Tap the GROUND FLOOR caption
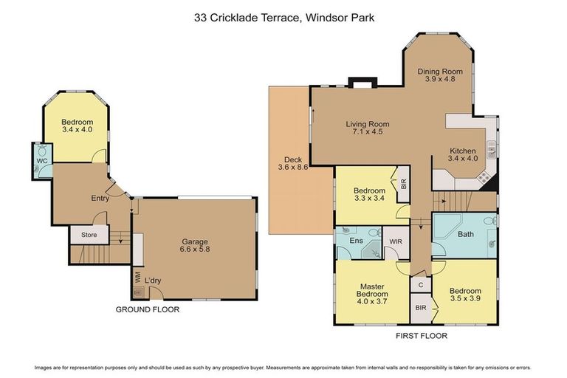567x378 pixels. pos(147,309)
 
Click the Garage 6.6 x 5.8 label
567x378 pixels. pos(195,246)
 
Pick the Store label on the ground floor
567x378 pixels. pos(89,236)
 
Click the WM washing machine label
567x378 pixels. pos(137,278)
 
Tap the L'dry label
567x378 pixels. pos(153,281)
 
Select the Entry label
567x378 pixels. pos(100,198)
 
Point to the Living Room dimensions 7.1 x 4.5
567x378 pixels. pos(367,133)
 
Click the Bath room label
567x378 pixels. pos(465,236)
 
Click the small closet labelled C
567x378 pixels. pos(420,285)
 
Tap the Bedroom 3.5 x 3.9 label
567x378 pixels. pos(465,295)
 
